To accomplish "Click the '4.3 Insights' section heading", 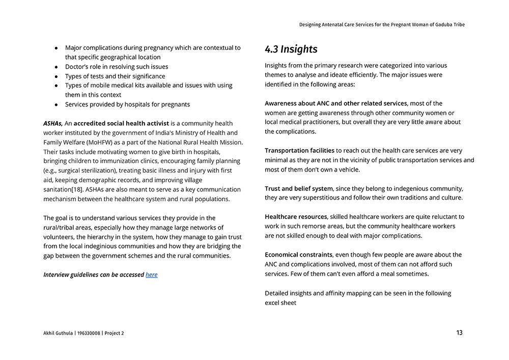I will [x=291, y=49].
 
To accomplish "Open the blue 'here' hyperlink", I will [x=152, y=274].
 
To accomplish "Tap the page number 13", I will [x=459, y=333].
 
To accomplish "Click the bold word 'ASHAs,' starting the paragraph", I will [x=53, y=123].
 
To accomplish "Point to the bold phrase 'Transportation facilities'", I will [x=299, y=151].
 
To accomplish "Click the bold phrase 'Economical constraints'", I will [x=298, y=255].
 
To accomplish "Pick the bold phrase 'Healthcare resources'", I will [x=296, y=217].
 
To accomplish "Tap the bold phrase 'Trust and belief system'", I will [x=298, y=188].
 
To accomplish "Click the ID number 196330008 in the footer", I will [x=90, y=334].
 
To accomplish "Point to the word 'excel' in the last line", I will [x=273, y=302].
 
